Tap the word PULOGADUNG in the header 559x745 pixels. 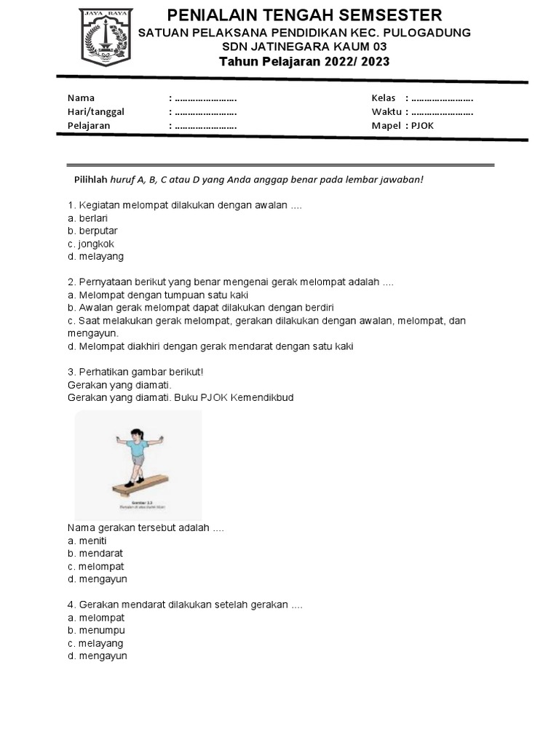click(x=429, y=33)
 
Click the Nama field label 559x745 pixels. click(x=81, y=98)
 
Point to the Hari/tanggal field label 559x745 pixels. click(x=95, y=111)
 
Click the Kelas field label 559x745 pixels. click(x=384, y=98)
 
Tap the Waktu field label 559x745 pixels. click(x=386, y=111)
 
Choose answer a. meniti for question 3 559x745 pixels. click(x=87, y=541)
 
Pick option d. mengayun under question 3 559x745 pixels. click(x=97, y=579)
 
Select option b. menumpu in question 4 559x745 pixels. click(x=96, y=630)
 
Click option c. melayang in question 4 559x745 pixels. click(x=95, y=643)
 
